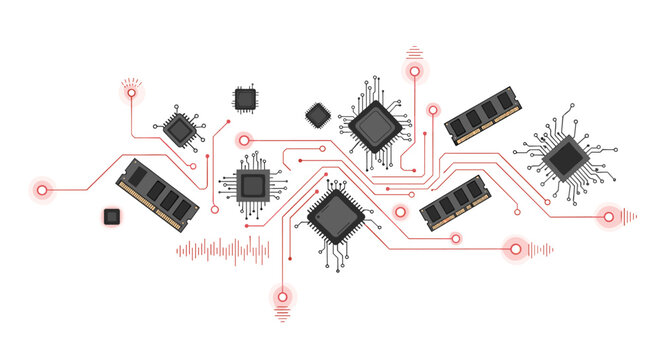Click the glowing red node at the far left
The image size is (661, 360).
click(x=42, y=188)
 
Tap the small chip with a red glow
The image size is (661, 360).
click(x=112, y=215)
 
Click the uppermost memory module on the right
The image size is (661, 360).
click(x=482, y=115)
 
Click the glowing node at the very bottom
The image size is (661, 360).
click(x=282, y=296)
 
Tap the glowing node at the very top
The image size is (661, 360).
click(x=414, y=71)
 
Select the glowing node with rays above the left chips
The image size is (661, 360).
click(x=131, y=94)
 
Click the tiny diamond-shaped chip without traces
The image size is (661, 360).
click(x=317, y=115)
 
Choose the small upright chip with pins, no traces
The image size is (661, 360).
click(x=244, y=98)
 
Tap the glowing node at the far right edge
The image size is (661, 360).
click(x=607, y=215)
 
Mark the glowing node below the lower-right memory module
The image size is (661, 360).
click(x=516, y=248)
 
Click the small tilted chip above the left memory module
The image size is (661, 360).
click(x=180, y=129)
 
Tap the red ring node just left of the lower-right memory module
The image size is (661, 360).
click(x=400, y=212)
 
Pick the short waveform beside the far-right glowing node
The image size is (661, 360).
click(x=629, y=215)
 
